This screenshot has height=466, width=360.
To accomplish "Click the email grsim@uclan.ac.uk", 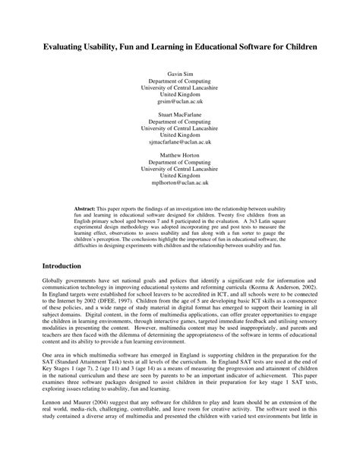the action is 180,100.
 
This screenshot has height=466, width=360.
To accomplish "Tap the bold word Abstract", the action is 85,207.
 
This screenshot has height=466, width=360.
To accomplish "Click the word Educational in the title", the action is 200,46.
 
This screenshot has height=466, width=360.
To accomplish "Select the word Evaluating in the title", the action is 57,46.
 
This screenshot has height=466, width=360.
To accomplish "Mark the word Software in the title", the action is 248,46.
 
